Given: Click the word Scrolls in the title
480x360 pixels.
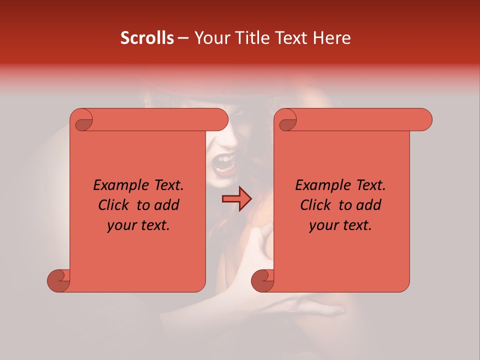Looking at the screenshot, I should coord(147,38).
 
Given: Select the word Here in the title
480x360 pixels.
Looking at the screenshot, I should coord(331,38).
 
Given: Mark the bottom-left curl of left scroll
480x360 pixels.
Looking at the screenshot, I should coord(58,280).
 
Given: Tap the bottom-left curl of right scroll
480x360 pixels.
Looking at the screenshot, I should coord(262,280).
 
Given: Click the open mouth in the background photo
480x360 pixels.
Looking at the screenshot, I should coord(223,163).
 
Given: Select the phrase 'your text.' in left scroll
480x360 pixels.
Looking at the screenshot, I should coord(138,225).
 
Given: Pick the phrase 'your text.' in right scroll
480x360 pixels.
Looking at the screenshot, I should coord(340,225).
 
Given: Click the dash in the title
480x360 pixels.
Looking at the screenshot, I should coord(183,38).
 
